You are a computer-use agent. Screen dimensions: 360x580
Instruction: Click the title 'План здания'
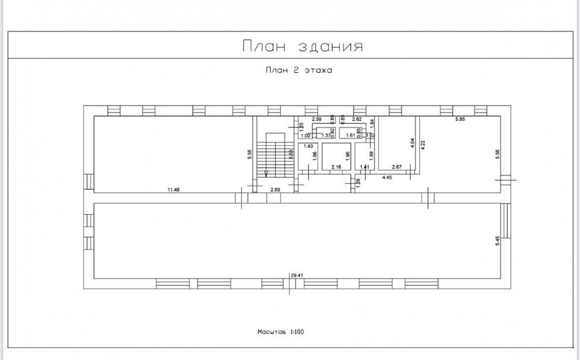(x=302, y=46)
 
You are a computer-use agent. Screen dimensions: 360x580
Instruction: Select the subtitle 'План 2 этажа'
(x=298, y=69)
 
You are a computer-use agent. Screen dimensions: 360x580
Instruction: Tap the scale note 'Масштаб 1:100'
(x=281, y=331)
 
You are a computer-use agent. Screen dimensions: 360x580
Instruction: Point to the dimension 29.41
(x=297, y=274)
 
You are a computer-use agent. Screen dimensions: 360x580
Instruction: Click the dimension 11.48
(x=173, y=190)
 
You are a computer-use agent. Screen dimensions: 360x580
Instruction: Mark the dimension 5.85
(x=460, y=119)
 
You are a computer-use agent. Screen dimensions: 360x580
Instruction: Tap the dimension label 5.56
(x=497, y=153)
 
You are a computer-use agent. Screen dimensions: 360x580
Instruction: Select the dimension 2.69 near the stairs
(x=275, y=190)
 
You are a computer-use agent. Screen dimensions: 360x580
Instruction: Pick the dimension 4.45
(x=387, y=177)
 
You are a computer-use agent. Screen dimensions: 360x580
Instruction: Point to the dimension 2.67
(x=397, y=167)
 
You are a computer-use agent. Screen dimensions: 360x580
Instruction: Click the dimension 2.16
(x=336, y=167)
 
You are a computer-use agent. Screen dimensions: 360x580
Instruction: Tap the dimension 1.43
(x=308, y=146)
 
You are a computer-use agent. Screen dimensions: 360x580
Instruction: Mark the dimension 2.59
(x=317, y=119)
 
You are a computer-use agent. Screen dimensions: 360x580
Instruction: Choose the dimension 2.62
(x=357, y=119)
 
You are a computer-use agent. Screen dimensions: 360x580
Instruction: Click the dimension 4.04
(x=413, y=142)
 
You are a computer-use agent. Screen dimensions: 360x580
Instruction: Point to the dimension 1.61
(x=351, y=135)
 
